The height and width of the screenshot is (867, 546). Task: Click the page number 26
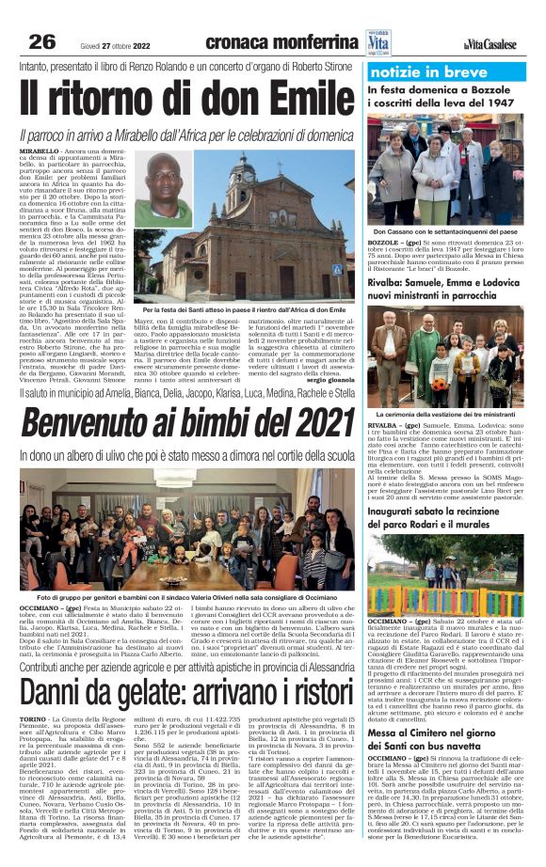pos(43,41)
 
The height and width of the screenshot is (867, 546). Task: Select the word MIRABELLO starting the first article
pos(40,150)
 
